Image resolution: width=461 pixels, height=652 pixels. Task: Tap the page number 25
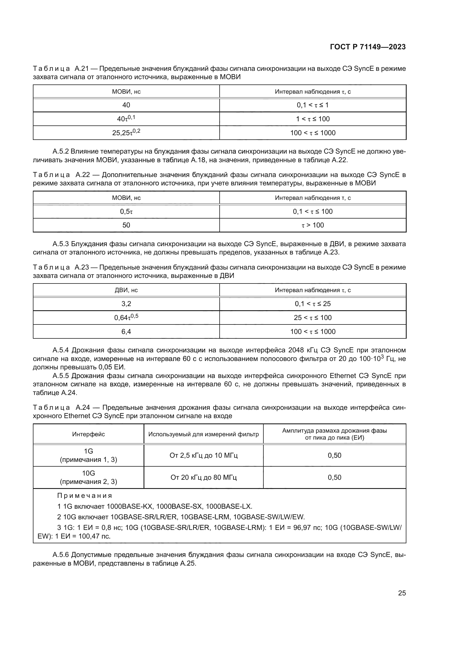[402, 593]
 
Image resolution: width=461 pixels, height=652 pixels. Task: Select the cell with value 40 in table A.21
[126, 105]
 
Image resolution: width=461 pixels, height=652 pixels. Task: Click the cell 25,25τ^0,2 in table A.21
[126, 133]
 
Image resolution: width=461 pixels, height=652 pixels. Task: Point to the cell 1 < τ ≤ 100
[312, 119]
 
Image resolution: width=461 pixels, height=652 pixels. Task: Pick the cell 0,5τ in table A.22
[126, 211]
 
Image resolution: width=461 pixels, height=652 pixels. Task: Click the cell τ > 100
[312, 225]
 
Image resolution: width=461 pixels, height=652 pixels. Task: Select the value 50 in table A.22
[126, 225]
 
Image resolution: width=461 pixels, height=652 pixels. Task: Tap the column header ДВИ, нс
[126, 290]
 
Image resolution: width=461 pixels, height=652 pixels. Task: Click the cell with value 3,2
[126, 304]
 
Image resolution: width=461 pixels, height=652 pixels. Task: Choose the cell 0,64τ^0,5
[126, 317]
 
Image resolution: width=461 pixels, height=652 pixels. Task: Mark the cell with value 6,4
[126, 331]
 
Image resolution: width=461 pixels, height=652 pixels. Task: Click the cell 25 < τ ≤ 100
[312, 317]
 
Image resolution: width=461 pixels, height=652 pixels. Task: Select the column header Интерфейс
[88, 434]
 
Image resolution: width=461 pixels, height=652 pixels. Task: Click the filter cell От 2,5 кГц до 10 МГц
[203, 455]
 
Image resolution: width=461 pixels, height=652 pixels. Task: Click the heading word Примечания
[85, 496]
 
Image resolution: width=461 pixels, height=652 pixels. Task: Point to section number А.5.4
[61, 350]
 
